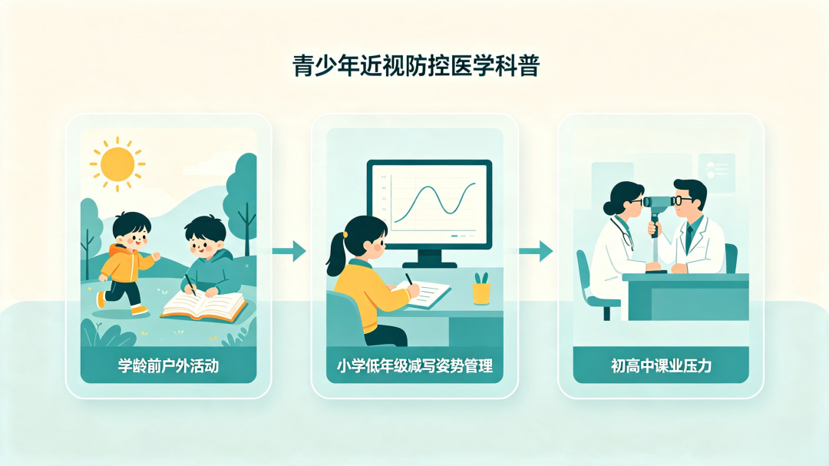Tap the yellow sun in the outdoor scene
click(x=117, y=164)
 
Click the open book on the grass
click(x=204, y=307)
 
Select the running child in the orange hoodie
click(x=127, y=263)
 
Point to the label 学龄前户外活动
click(x=168, y=365)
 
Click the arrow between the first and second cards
click(x=289, y=250)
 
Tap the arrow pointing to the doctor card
click(x=536, y=250)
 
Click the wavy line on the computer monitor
click(x=435, y=200)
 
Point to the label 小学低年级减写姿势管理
click(x=415, y=365)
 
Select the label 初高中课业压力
click(x=661, y=365)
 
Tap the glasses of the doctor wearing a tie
click(x=682, y=200)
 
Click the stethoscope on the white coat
click(x=622, y=232)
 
